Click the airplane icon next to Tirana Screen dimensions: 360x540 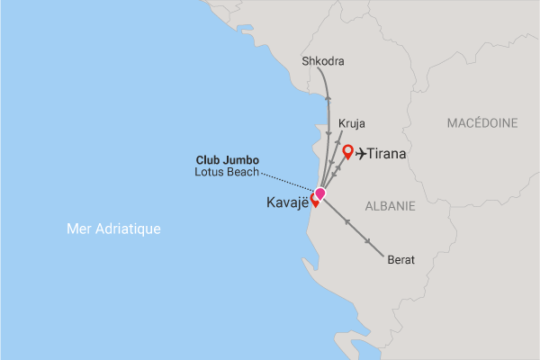coord(363,154)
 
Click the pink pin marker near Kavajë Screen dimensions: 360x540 coord(319,193)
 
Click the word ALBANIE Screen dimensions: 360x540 coord(390,206)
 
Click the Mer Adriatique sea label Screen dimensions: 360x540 coord(113,229)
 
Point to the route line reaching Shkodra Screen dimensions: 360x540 coord(326,99)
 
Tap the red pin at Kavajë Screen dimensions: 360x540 coord(315,200)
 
